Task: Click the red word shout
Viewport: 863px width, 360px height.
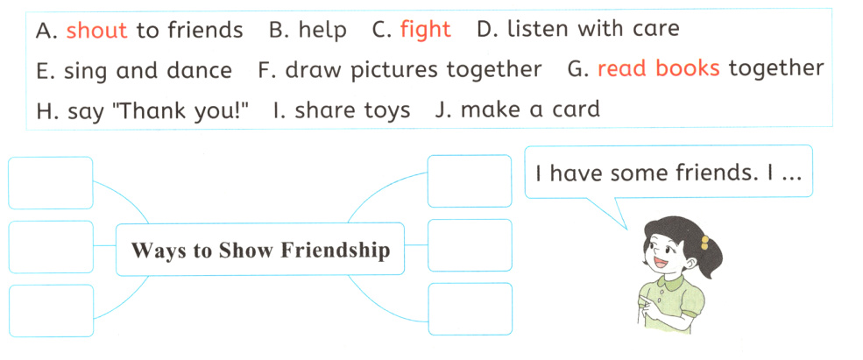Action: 96,31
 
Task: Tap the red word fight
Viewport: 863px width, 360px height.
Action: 425,30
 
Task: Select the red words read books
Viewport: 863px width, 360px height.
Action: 658,69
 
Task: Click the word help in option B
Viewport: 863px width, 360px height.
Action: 322,31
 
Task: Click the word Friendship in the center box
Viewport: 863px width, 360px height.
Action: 336,251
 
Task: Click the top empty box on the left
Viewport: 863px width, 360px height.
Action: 50,183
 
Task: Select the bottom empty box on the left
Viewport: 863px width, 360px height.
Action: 50,310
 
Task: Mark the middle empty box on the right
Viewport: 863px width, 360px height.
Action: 470,245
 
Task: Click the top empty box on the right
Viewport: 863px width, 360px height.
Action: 470,181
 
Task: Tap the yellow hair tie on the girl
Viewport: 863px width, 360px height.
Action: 704,239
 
